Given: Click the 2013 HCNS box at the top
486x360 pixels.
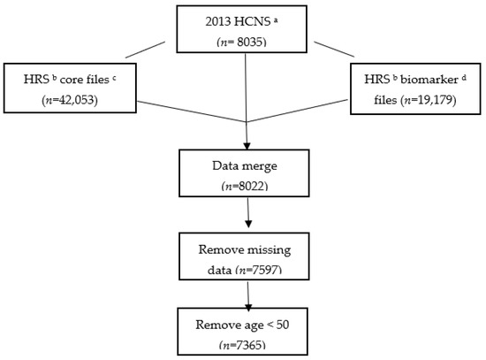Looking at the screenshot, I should click(x=244, y=27).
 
